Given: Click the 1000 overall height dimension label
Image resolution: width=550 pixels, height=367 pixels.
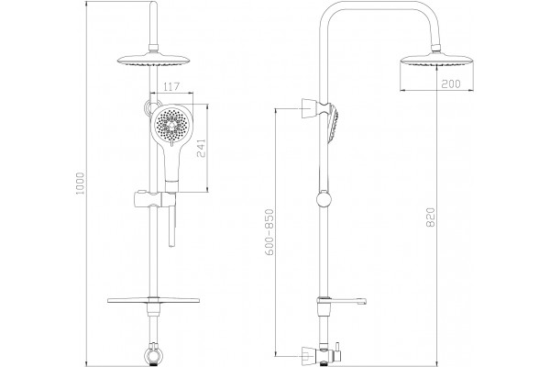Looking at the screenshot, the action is tap(81, 183).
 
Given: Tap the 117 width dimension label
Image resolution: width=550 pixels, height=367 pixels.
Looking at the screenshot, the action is tap(171, 86).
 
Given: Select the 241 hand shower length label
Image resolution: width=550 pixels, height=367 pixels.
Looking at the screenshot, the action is tap(201, 148).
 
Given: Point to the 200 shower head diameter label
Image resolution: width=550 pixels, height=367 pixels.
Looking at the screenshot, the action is tap(451, 83).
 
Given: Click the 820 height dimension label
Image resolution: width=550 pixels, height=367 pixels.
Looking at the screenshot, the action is tap(431, 217).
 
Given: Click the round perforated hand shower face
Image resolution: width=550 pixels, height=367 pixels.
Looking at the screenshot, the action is tap(171, 124).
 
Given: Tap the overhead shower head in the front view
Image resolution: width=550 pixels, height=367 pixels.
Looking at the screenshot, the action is tap(153, 61).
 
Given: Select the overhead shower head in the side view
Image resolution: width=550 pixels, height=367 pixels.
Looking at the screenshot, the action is tap(436, 61).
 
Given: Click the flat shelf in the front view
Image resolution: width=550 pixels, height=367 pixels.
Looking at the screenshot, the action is tap(153, 301).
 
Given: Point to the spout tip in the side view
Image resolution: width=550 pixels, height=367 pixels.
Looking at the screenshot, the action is tap(364, 301).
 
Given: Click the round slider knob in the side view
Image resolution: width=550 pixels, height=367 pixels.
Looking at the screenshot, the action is tap(324, 199).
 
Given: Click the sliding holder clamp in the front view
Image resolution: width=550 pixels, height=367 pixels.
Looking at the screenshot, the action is tap(153, 199).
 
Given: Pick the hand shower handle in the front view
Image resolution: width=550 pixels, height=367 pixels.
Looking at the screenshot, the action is tap(172, 165).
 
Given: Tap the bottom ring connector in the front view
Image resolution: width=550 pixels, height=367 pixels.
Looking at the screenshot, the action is tap(154, 355).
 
